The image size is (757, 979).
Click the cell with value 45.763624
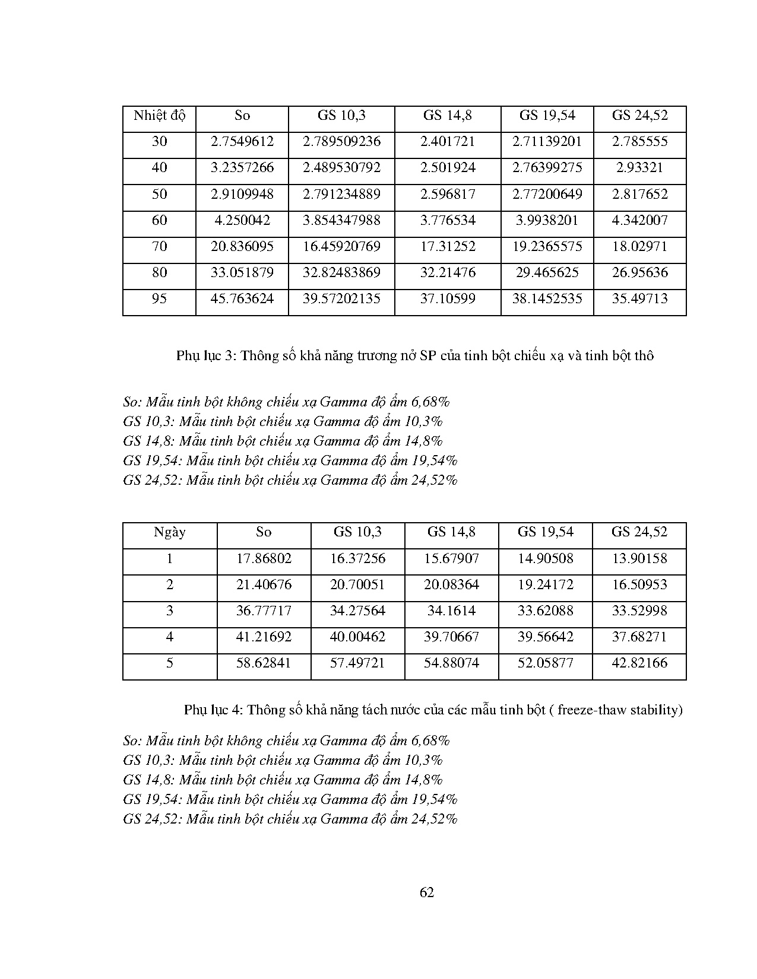point(242,298)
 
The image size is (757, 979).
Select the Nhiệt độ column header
point(159,115)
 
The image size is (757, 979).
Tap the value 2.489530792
point(341,167)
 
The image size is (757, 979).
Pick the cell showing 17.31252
point(448,246)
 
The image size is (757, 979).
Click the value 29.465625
point(547,272)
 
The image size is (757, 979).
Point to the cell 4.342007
point(639,220)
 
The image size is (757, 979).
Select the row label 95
point(159,298)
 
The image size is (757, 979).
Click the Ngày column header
point(170,532)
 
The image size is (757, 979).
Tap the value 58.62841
point(264,663)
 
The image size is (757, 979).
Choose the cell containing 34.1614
point(451,611)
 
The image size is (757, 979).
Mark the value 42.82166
point(639,663)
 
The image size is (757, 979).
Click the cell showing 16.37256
point(357,558)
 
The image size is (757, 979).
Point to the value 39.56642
point(545,637)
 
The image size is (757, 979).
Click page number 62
point(426,892)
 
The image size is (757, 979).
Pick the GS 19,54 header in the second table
point(545,532)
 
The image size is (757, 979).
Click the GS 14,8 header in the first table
point(448,115)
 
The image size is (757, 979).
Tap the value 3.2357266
point(242,167)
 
